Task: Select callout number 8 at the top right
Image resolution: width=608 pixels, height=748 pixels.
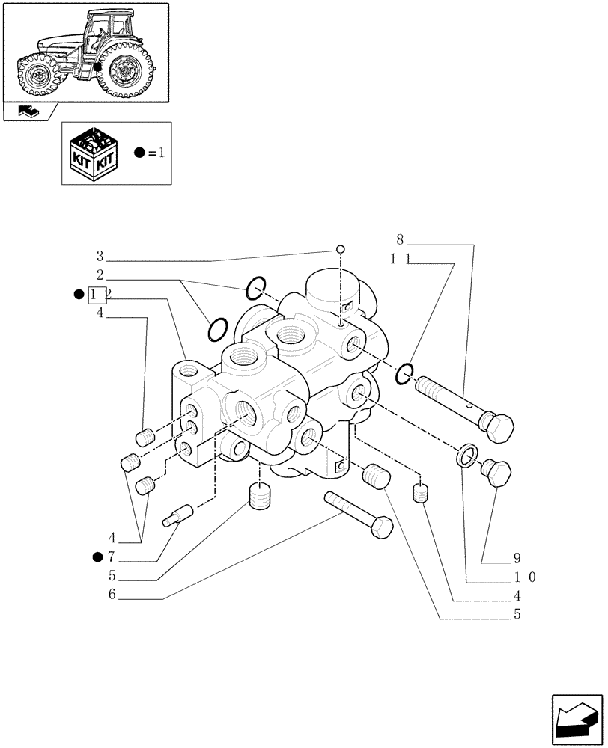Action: pos(400,240)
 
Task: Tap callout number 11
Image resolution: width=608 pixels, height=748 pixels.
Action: pos(398,260)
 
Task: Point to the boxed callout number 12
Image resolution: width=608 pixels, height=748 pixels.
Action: pos(99,295)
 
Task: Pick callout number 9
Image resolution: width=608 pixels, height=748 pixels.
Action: pos(517,558)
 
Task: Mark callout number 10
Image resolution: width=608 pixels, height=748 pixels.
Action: pos(521,577)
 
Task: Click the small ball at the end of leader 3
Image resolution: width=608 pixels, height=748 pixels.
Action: pos(340,249)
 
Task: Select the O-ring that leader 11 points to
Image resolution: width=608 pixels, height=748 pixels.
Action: pos(404,372)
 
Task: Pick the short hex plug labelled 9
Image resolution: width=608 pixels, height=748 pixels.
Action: pos(496,473)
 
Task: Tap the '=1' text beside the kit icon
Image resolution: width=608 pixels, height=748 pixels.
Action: pos(153,153)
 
